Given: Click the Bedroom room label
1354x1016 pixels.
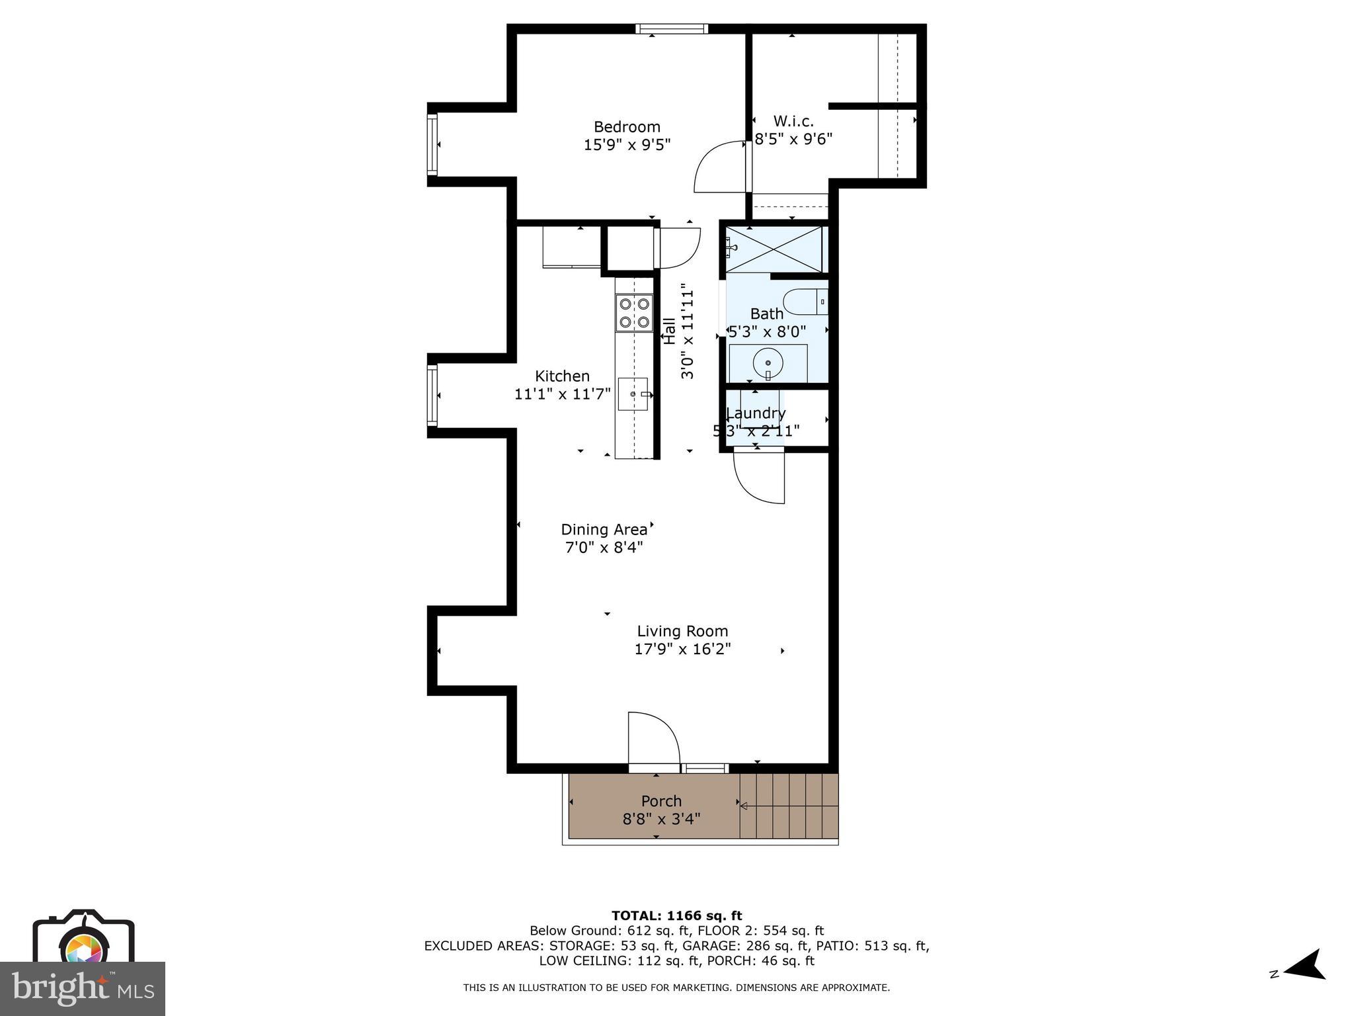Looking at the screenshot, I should coord(626,127).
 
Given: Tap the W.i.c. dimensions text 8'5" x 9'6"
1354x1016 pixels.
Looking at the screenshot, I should coord(793,140).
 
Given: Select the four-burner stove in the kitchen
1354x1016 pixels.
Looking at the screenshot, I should coord(633,314).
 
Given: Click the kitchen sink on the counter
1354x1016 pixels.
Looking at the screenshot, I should coord(633,394).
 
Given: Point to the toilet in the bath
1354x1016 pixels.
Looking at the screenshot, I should coord(805,302).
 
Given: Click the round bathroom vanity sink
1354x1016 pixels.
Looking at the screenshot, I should coord(768,363).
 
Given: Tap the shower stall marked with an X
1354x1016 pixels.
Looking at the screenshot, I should coord(774,249).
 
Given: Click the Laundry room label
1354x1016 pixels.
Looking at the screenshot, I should coord(756,413).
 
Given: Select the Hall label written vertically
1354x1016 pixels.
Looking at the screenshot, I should coord(670,331).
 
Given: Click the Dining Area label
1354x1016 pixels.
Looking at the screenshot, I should coord(604,530).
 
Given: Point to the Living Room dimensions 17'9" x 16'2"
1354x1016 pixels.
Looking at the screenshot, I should coord(682,650).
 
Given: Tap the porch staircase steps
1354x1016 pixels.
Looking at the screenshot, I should coord(788,806).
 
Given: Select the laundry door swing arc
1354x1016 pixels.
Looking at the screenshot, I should coord(759,476).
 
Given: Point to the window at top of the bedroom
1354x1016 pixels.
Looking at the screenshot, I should coord(672,28).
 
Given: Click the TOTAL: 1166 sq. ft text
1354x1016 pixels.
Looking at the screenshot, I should coord(676,916).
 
